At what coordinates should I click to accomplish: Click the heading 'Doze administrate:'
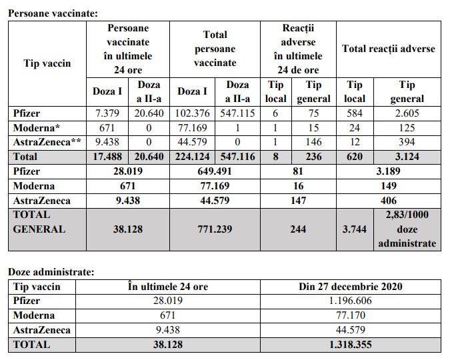49,271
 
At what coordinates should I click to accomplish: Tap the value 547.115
237,114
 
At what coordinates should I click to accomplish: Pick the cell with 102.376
194,114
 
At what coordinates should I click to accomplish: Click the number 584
355,114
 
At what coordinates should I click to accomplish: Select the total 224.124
194,157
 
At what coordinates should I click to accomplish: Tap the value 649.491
215,171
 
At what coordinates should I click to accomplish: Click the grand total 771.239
215,229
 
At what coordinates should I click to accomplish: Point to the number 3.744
355,229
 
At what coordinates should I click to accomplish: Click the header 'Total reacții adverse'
388,49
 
